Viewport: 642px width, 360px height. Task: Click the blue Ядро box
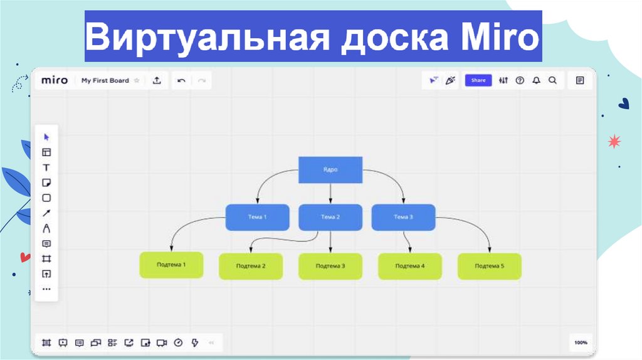(x=330, y=169)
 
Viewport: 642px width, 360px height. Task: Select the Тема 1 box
(x=257, y=217)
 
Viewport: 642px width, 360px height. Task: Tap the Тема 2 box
(x=330, y=217)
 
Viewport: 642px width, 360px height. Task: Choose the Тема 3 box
(x=403, y=217)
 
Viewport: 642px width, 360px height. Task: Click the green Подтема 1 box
(x=171, y=265)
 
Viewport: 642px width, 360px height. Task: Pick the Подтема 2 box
(x=251, y=266)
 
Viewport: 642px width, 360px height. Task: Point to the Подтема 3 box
(x=330, y=266)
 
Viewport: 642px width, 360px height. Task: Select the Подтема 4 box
(x=410, y=266)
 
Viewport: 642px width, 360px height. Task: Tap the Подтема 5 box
(x=490, y=266)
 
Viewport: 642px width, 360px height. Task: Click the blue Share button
(x=478, y=80)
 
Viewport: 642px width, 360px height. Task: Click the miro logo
(x=55, y=80)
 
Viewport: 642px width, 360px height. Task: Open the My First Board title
(x=105, y=80)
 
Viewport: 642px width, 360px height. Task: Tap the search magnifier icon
(x=552, y=80)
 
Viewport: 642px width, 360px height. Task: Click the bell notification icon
(x=536, y=80)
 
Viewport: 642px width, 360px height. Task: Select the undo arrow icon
(x=181, y=80)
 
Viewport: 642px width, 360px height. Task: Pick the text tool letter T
(x=46, y=167)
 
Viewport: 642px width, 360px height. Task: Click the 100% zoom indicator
(x=581, y=342)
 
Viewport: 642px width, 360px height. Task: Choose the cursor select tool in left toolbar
(x=46, y=137)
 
